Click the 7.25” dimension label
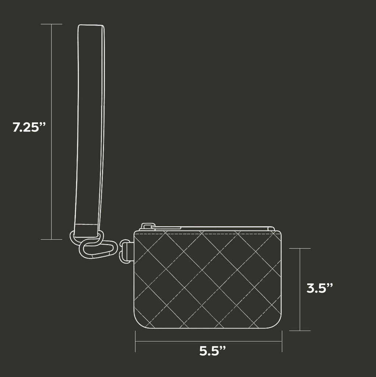29,127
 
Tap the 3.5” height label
320,288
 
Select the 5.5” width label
213,351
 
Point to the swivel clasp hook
99,249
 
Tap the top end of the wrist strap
91,25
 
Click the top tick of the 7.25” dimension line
52,24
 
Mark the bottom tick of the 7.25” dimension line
52,239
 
